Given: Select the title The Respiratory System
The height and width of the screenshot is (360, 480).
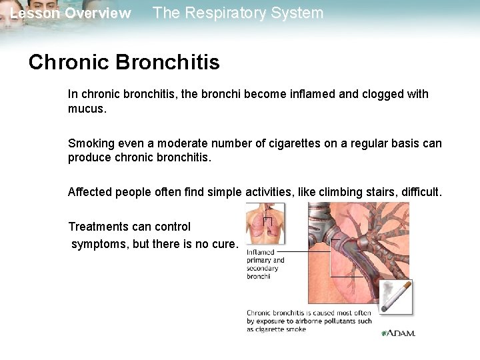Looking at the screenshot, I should [x=238, y=13].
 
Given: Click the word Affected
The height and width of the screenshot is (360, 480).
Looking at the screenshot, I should [x=90, y=192].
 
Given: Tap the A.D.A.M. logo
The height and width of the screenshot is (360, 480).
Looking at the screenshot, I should [x=398, y=332].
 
